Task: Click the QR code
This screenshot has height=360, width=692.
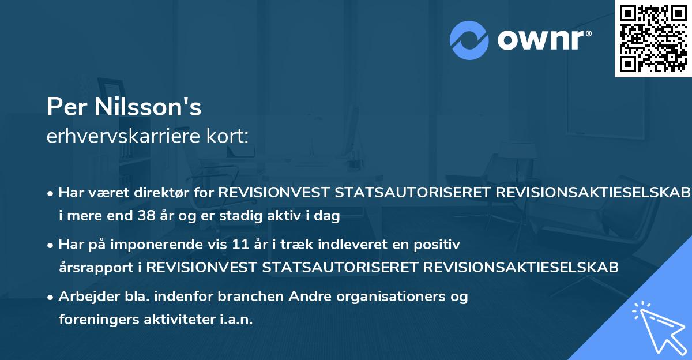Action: [653, 38]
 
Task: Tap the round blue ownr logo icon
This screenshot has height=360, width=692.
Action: [469, 40]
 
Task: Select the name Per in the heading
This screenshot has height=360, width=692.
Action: [64, 106]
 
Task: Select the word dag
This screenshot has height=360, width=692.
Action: [328, 216]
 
